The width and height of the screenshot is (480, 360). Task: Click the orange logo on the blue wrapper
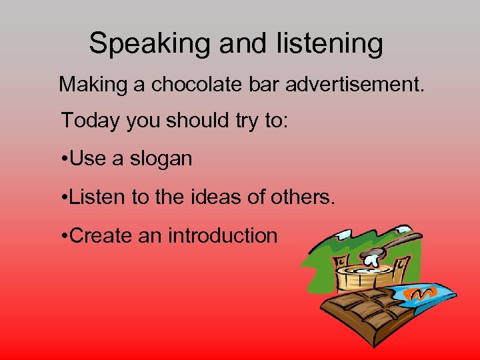point(424,293)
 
